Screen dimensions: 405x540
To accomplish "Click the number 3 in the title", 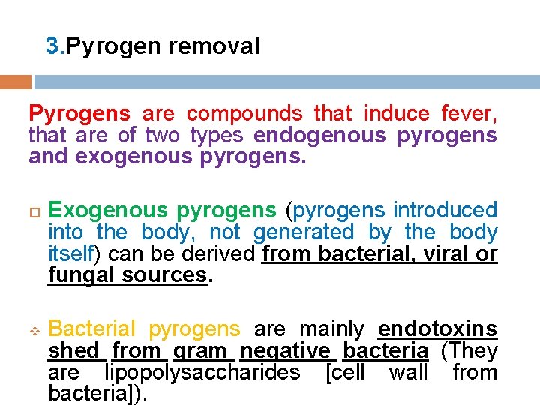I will click(52, 46).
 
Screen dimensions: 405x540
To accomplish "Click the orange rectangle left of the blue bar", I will click(16, 81).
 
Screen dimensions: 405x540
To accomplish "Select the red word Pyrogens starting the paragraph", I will click(79, 114).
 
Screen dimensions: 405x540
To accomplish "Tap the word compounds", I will click(244, 114).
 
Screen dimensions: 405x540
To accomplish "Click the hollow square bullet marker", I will click(33, 211).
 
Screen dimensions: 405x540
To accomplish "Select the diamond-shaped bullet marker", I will click(33, 330).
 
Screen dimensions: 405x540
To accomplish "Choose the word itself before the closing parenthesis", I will click(69, 254).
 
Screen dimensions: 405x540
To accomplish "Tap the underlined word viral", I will click(445, 254).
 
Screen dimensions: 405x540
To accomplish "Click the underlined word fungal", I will click(81, 275).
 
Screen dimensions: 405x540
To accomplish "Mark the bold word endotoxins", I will click(437, 328).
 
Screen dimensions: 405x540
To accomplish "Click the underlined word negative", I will click(285, 350).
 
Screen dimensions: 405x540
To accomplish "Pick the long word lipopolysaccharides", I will click(202, 372).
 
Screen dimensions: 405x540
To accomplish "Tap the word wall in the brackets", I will click(408, 372).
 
